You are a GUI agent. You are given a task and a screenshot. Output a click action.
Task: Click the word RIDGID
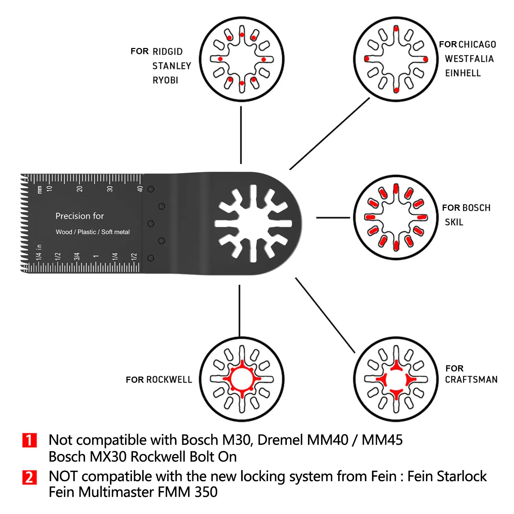click(168, 52)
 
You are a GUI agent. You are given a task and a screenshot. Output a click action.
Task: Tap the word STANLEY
click(172, 66)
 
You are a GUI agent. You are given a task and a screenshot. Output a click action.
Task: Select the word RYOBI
click(166, 80)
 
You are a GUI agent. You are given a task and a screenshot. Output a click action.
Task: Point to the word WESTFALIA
click(469, 59)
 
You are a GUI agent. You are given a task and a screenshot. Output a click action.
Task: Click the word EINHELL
click(463, 73)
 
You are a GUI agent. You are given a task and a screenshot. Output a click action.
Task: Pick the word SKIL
click(454, 222)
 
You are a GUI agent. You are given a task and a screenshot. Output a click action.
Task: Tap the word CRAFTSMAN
click(471, 380)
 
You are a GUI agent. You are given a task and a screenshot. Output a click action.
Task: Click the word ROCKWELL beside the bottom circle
click(169, 380)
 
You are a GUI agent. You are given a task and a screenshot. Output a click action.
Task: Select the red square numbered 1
click(29, 440)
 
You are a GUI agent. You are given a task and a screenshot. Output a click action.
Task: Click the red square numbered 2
click(29, 477)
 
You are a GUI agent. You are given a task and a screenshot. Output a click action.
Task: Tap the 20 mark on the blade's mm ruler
click(79, 188)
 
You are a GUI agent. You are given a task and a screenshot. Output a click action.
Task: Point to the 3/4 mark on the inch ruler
click(77, 256)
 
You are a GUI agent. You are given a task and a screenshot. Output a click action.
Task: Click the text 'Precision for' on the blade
click(79, 216)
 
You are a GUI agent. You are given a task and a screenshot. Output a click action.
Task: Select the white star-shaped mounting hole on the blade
click(253, 223)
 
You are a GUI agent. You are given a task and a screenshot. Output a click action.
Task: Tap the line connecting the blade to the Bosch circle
click(333, 218)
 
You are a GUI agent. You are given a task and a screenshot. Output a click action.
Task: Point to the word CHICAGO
click(477, 45)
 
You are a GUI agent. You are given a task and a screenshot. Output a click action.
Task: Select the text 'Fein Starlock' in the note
click(447, 476)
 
